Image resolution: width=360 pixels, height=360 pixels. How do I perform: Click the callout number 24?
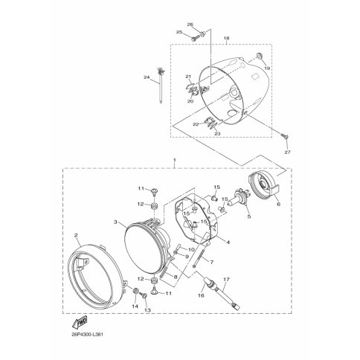click(x=147, y=77)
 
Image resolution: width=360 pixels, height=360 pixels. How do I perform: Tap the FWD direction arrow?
click(x=80, y=322)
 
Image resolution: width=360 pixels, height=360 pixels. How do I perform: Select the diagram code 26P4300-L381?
click(x=85, y=335)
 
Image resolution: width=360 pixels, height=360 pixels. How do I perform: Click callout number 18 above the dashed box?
click(x=226, y=38)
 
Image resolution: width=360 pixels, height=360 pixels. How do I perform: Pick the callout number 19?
click(x=267, y=68)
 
